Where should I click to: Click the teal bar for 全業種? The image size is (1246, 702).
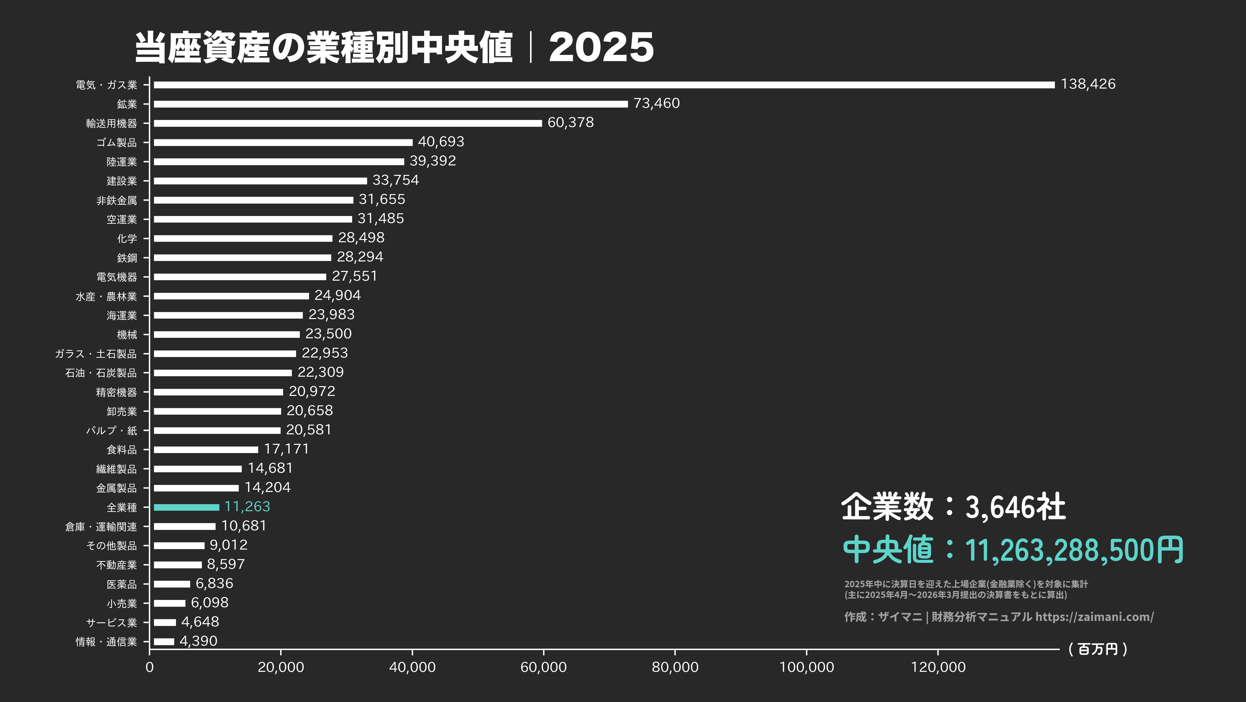[186, 507]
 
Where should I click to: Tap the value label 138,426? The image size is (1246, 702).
[1088, 84]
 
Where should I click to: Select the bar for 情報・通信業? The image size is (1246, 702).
[164, 641]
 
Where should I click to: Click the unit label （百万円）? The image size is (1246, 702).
[1097, 649]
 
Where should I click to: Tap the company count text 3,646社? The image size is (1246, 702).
[1015, 507]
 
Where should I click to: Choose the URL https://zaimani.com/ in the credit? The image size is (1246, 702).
[1094, 617]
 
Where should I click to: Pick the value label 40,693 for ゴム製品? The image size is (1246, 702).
[441, 142]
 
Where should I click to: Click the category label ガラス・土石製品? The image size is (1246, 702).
[96, 354]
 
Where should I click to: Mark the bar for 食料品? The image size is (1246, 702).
[206, 450]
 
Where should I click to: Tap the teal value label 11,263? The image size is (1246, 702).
[247, 506]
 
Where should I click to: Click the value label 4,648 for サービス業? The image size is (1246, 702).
[200, 622]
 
